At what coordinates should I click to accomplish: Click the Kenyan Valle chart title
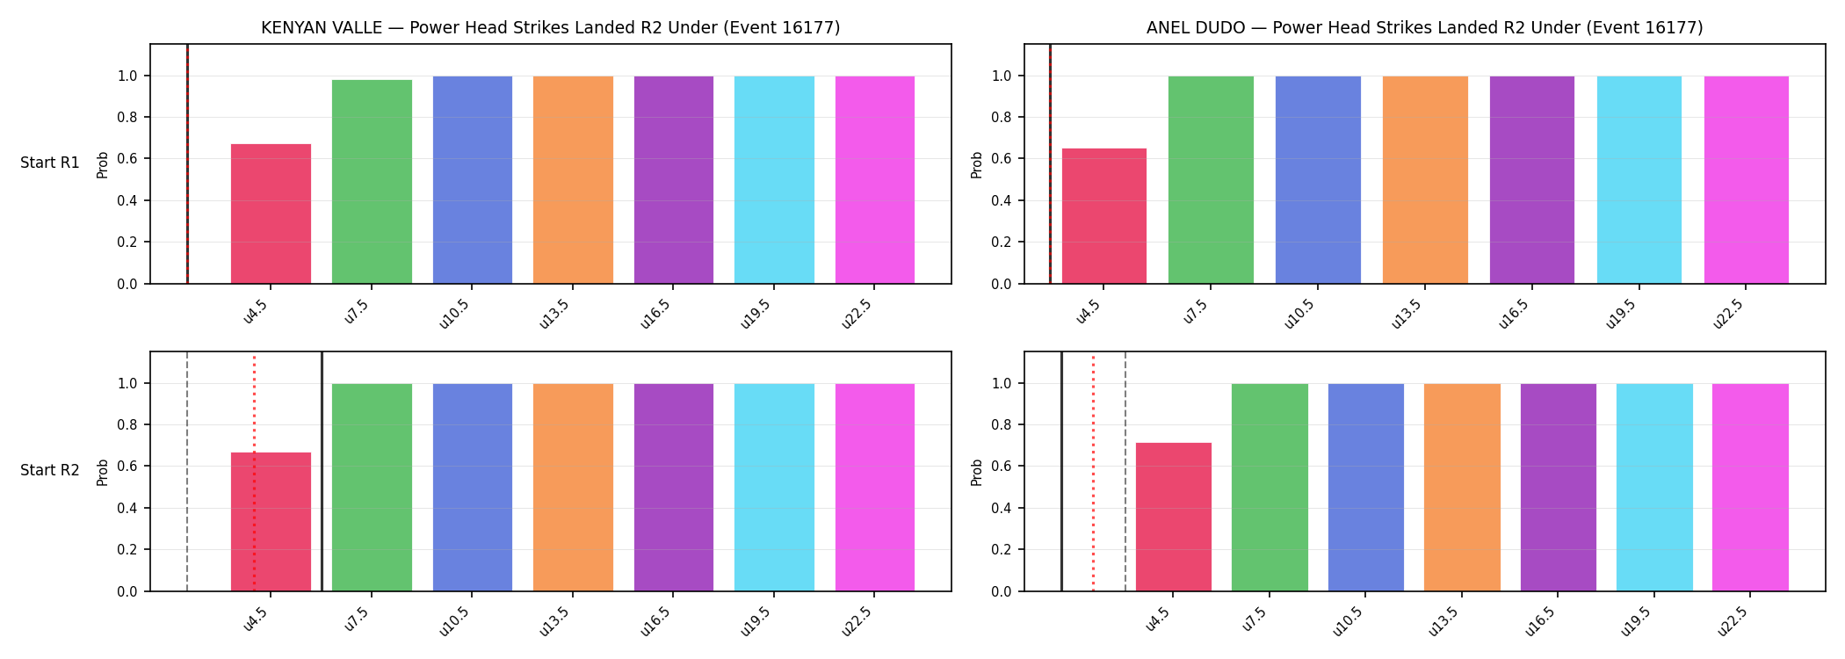coord(551,28)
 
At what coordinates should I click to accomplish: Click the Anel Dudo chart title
coord(1424,28)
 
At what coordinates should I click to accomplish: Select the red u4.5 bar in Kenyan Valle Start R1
coord(271,214)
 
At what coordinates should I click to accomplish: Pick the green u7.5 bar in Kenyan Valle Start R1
coord(372,182)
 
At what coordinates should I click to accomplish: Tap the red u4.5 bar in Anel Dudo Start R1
coord(1104,216)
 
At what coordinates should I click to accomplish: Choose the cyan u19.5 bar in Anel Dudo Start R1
coord(1639,180)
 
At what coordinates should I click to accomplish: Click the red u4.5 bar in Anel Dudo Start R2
coord(1174,517)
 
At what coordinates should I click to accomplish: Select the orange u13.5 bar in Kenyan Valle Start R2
coord(573,488)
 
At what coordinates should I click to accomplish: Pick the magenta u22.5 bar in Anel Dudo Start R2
coord(1750,488)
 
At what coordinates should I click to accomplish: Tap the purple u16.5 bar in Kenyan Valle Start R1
coord(674,180)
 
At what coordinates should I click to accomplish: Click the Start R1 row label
coord(50,163)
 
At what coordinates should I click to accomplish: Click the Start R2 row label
coord(50,471)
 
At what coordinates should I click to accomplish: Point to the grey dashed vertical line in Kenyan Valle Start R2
coord(187,472)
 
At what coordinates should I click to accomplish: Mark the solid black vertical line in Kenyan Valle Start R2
coord(322,472)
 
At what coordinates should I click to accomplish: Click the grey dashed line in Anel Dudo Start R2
coord(1125,472)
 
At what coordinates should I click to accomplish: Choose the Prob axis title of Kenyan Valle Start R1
coord(103,165)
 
